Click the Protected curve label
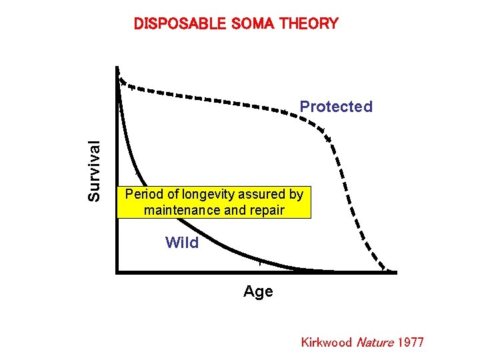[336, 107]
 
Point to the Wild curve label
[182, 243]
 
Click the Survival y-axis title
[95, 170]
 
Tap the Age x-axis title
[258, 292]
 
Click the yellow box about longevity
[214, 203]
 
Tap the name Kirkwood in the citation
[326, 343]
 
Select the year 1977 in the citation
[410, 343]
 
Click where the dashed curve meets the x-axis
[387, 271]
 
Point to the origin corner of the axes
[117, 272]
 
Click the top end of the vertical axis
[117, 67]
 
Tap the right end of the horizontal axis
[395, 272]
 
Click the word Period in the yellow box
[143, 195]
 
